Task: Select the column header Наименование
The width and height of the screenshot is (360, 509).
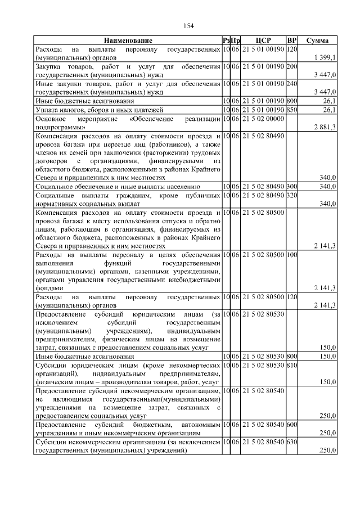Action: click(x=128, y=40)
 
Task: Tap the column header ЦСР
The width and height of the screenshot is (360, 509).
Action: click(x=263, y=40)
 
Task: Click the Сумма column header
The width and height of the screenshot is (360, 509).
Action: click(x=317, y=40)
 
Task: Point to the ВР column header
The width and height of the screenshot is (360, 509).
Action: click(x=291, y=40)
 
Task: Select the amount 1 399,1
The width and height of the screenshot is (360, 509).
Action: click(x=325, y=57)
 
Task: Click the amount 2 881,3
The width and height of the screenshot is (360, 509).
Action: click(x=325, y=128)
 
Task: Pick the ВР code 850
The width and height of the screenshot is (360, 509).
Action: click(x=291, y=110)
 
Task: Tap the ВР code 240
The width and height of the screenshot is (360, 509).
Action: click(x=291, y=84)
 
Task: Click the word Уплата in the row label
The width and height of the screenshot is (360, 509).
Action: click(x=47, y=110)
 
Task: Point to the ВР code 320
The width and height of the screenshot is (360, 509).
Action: click(x=291, y=195)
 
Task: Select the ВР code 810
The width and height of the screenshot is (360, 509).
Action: click(x=291, y=366)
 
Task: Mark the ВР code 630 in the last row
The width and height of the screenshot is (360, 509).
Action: click(x=291, y=443)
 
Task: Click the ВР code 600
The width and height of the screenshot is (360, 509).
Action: click(x=291, y=425)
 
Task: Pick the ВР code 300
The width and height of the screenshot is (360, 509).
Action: click(x=291, y=186)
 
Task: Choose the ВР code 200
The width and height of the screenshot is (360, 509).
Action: click(x=291, y=67)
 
